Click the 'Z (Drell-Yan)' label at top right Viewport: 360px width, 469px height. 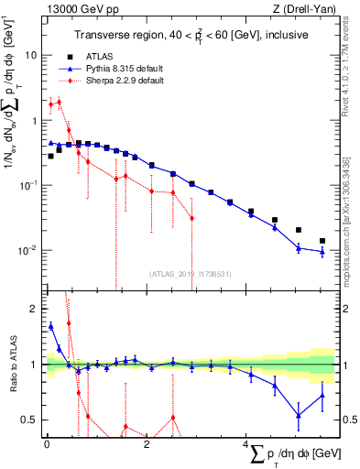302,8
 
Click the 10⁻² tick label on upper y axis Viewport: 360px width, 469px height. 27,250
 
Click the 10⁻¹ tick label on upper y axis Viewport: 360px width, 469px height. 27,185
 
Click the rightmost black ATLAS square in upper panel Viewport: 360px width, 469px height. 322,241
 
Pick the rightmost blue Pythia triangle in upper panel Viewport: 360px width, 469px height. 322,252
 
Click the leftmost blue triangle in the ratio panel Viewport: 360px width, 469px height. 51,325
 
